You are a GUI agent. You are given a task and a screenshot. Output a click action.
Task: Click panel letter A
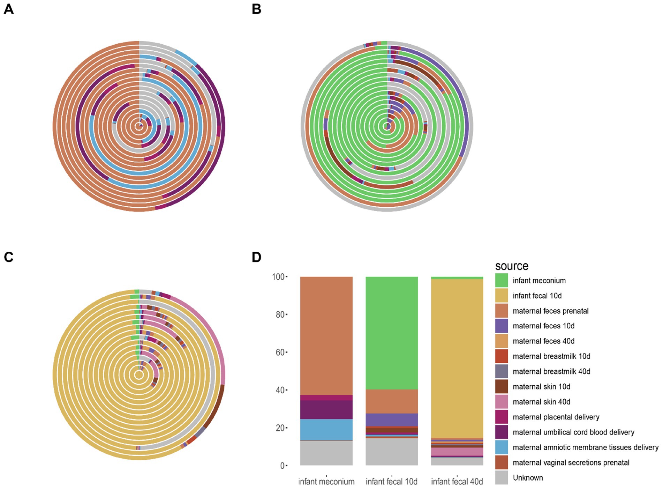click(8, 9)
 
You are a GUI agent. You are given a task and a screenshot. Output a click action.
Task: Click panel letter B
click(256, 9)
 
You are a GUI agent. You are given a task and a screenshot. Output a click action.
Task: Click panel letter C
click(8, 257)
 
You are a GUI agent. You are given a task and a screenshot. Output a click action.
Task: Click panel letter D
click(256, 257)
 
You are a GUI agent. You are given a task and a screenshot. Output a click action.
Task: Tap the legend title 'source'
click(511, 266)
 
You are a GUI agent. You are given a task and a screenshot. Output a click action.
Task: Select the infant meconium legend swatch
click(501, 280)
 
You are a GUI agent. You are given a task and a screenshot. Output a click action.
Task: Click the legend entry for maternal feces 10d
click(543, 326)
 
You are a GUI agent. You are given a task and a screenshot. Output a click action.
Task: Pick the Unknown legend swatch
click(501, 477)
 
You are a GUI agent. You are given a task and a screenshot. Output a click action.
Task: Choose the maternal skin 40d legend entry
click(541, 402)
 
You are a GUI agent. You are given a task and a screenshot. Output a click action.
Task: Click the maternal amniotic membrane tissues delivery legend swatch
click(501, 447)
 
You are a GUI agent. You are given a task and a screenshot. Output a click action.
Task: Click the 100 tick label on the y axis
click(278, 277)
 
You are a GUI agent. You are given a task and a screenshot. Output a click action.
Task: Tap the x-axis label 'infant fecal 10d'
click(391, 482)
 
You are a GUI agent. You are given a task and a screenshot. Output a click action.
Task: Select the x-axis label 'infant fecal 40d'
click(457, 482)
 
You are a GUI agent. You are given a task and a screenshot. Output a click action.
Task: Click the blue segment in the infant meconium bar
click(326, 429)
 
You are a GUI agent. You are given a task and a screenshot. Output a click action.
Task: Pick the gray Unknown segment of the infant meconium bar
click(326, 453)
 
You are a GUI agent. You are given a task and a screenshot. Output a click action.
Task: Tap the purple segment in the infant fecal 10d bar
click(391, 420)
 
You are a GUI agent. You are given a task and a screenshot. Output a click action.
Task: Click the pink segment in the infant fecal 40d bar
click(457, 451)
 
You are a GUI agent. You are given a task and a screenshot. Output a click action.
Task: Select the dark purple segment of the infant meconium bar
click(326, 409)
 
